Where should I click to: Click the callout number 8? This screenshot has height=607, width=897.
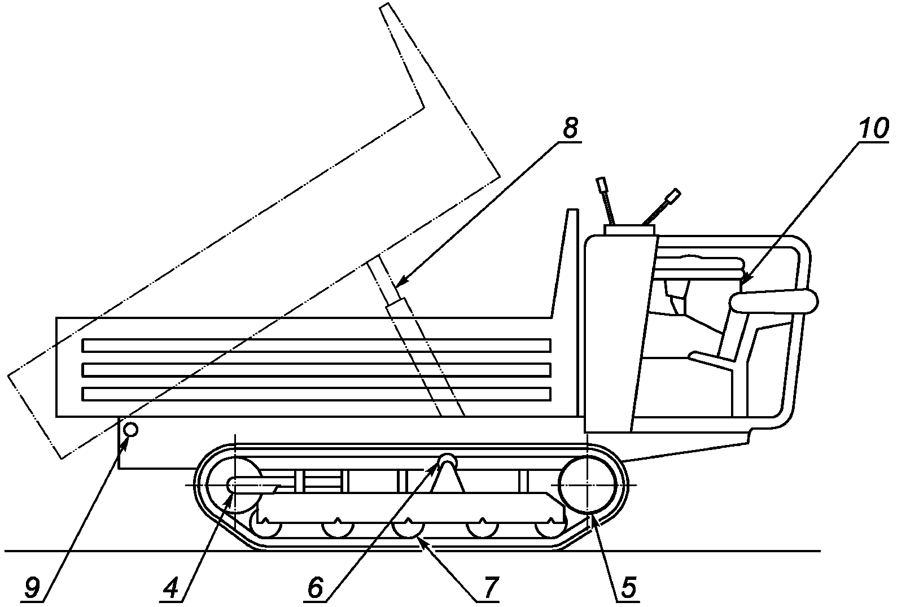point(570,129)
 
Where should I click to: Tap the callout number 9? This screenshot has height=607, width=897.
point(32,588)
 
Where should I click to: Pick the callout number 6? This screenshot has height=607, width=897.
point(315,588)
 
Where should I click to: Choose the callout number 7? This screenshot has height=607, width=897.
point(488,588)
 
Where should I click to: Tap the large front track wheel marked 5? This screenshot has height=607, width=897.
point(588,485)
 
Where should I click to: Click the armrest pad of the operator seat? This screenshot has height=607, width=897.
point(774,302)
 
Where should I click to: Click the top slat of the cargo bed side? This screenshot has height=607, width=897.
point(316,346)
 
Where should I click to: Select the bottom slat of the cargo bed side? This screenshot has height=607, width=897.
point(316,394)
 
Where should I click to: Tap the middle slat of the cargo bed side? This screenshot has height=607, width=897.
point(316,370)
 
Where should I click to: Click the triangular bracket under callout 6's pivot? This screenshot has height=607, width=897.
point(448,476)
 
